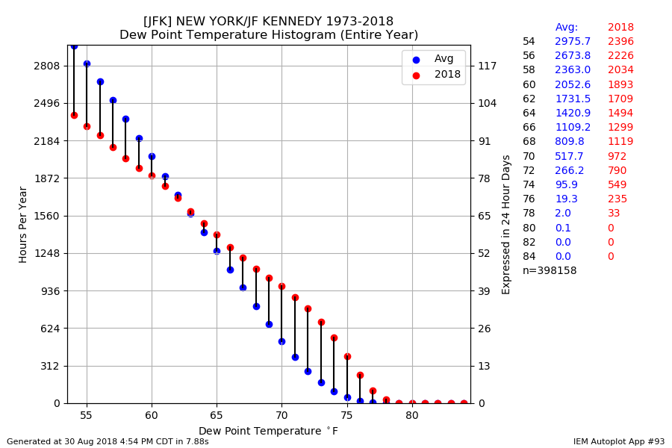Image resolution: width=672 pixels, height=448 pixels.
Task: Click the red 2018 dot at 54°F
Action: coord(74,115)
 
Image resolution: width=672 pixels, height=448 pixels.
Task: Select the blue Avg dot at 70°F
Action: coord(281,341)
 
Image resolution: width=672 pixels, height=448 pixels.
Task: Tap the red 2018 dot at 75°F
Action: coord(347,356)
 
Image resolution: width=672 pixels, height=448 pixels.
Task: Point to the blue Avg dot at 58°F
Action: coord(125,119)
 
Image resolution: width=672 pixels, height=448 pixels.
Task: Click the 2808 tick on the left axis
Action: coord(47,66)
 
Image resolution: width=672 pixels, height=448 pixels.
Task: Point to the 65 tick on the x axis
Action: coord(217,415)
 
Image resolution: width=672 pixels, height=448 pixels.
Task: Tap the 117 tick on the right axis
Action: coord(487,66)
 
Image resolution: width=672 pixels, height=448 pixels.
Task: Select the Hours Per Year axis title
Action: coord(23,224)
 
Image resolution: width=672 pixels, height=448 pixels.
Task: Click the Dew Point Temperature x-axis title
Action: coord(268,432)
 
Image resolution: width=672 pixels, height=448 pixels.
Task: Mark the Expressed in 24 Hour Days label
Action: coord(506,224)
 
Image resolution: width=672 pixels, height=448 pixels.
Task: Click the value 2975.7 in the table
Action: coord(572,42)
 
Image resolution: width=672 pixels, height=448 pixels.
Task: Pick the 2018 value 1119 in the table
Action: coord(620,142)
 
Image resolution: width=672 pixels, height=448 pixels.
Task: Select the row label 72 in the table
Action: coord(529,171)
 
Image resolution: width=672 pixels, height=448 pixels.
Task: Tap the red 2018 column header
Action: coord(620,28)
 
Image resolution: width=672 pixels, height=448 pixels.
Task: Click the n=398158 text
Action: coord(550,271)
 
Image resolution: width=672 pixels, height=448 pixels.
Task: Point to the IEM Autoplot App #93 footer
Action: coord(618,442)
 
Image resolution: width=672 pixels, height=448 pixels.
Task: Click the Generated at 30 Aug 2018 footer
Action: coord(108,442)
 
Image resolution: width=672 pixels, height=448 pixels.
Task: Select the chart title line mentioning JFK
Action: coord(268,22)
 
